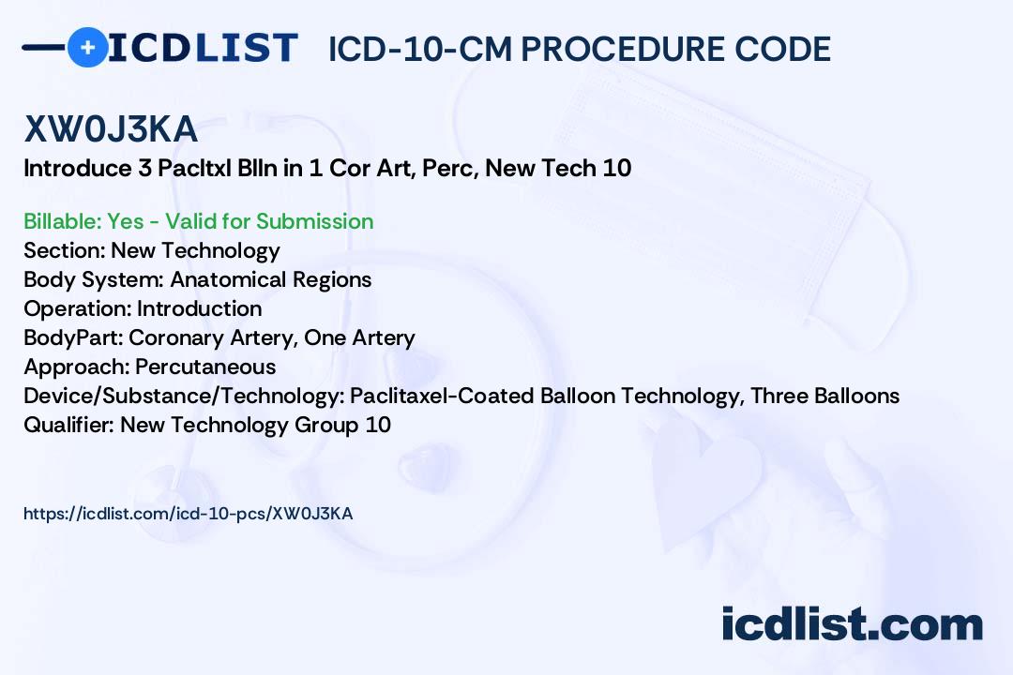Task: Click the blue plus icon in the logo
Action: click(x=87, y=47)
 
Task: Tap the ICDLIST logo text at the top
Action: click(x=203, y=48)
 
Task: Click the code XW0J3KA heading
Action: click(x=111, y=130)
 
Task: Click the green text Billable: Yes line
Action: click(x=199, y=221)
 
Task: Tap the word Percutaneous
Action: click(x=205, y=367)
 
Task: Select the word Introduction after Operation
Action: click(x=200, y=308)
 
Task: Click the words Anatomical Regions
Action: click(x=271, y=279)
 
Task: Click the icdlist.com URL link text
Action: click(x=188, y=514)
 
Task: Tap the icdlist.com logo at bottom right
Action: click(x=852, y=624)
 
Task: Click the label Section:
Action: click(x=64, y=250)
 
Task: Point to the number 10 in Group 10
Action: click(x=378, y=425)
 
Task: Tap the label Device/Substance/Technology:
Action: click(x=184, y=396)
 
